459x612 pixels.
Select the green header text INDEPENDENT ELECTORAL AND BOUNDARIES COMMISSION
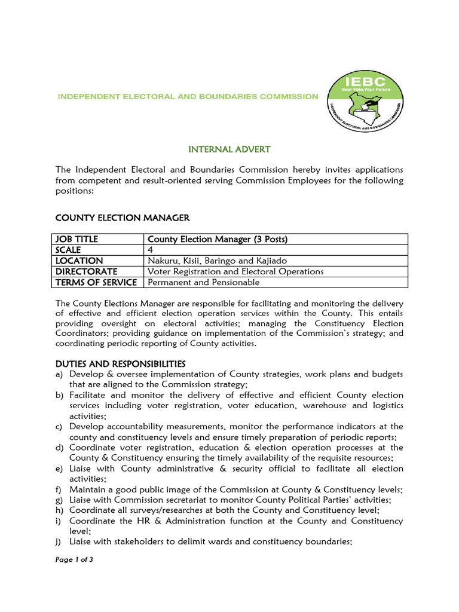tap(188, 96)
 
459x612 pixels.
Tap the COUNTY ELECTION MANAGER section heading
tap(123, 218)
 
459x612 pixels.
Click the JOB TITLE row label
tap(76, 239)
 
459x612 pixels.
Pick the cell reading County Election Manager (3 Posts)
tap(218, 239)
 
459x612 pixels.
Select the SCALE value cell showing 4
tap(150, 250)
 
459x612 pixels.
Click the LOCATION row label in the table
tap(79, 261)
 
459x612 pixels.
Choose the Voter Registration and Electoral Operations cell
tap(235, 271)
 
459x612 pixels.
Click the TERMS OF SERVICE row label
tap(96, 282)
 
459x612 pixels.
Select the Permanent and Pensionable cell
tap(203, 282)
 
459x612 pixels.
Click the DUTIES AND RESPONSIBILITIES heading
tap(121, 363)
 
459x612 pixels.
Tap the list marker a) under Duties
tap(60, 374)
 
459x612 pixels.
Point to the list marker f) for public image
tap(59, 489)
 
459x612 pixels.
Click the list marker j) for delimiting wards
tap(59, 541)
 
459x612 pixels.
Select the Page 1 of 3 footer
tap(75, 560)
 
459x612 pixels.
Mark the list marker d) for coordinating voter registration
tap(60, 447)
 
